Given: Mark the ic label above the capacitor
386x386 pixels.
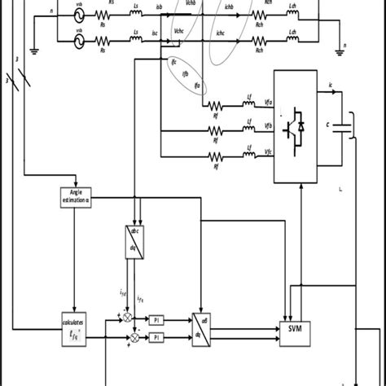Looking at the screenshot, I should coord(330,84).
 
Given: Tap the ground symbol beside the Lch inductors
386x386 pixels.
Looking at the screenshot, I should coord(340,50).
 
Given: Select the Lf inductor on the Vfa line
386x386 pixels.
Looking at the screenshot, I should coord(248,104).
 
